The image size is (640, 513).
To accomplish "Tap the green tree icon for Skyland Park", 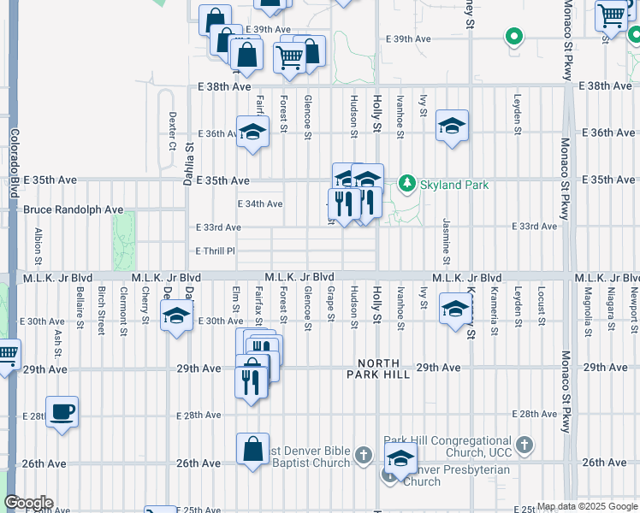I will click(x=408, y=184).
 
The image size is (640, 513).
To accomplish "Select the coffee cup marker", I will click(x=62, y=411).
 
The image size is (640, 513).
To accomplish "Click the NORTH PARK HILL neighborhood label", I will click(x=379, y=369).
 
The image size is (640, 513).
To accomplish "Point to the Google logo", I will click(x=28, y=503).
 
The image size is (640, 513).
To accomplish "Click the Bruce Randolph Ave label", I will click(x=74, y=209).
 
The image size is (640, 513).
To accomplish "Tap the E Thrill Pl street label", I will click(x=215, y=251).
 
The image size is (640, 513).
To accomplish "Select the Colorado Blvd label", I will click(x=15, y=164).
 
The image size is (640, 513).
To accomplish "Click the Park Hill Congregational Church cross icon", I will click(x=524, y=445).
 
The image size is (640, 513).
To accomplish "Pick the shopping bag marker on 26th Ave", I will click(x=253, y=449).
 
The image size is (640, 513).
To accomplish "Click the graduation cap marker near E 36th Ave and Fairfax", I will click(x=252, y=133).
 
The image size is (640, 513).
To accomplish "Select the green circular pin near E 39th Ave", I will click(x=513, y=37).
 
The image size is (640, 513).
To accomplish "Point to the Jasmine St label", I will click(x=447, y=240).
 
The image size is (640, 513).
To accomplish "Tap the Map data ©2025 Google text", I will click(x=586, y=506).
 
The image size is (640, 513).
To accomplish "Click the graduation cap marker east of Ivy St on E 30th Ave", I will click(x=453, y=309).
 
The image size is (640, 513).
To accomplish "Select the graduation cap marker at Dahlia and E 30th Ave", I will click(x=176, y=316).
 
